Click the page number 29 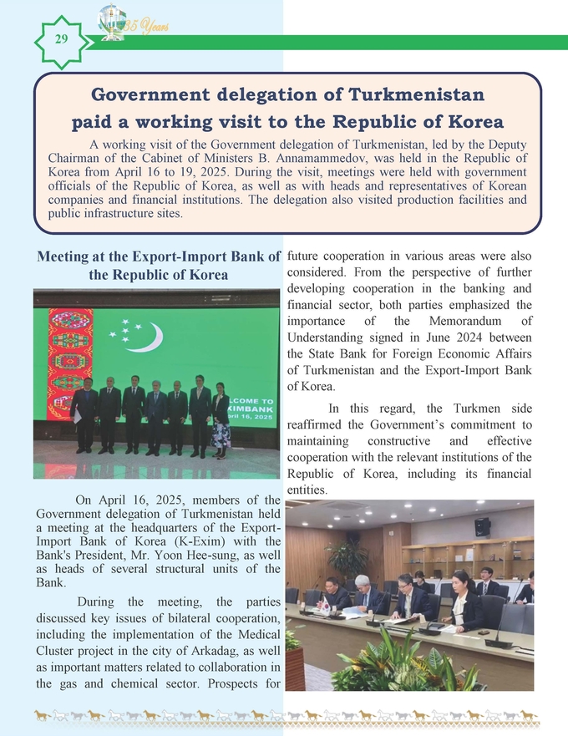click(61, 39)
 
